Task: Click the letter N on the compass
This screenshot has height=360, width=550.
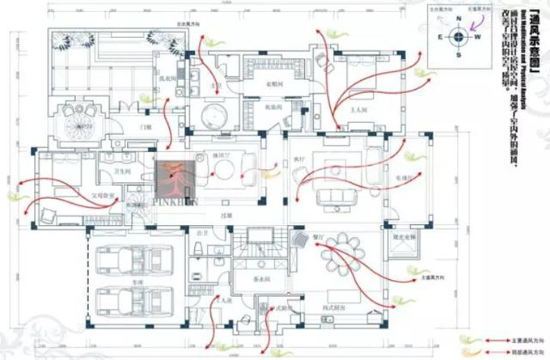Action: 458,19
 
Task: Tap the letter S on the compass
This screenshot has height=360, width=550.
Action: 458,54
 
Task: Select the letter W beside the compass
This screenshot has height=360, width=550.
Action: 476,36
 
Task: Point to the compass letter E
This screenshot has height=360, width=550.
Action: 440,36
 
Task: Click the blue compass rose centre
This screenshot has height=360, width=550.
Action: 458,36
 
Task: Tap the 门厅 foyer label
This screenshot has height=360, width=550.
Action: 146,128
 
